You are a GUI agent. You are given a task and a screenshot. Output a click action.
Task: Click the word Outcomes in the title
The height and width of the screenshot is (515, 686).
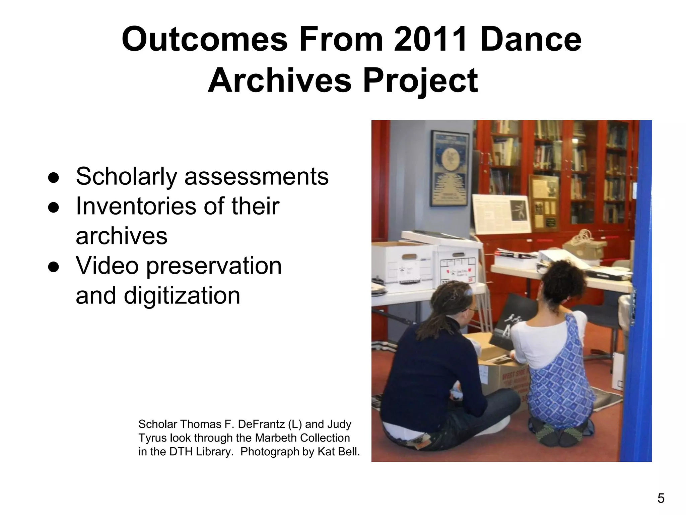coord(204,40)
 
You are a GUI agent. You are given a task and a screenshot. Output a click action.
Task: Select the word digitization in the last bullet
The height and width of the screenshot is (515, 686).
coord(182,295)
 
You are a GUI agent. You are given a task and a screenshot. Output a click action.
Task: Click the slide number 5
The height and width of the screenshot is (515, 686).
coord(661,499)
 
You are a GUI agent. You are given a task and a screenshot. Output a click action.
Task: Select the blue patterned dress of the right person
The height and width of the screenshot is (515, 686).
coord(559,386)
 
